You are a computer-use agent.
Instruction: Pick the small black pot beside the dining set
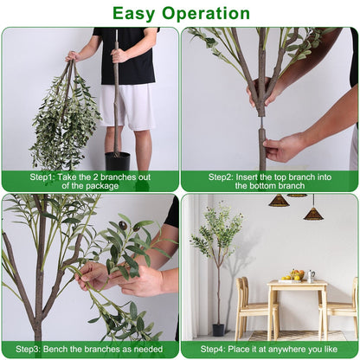tap(218, 330)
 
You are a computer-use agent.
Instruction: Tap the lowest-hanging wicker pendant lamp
tap(313, 213)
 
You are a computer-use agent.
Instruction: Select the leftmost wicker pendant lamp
tap(278, 201)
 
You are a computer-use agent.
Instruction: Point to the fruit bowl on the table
tap(296, 276)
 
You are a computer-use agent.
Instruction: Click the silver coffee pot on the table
tap(311, 276)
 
